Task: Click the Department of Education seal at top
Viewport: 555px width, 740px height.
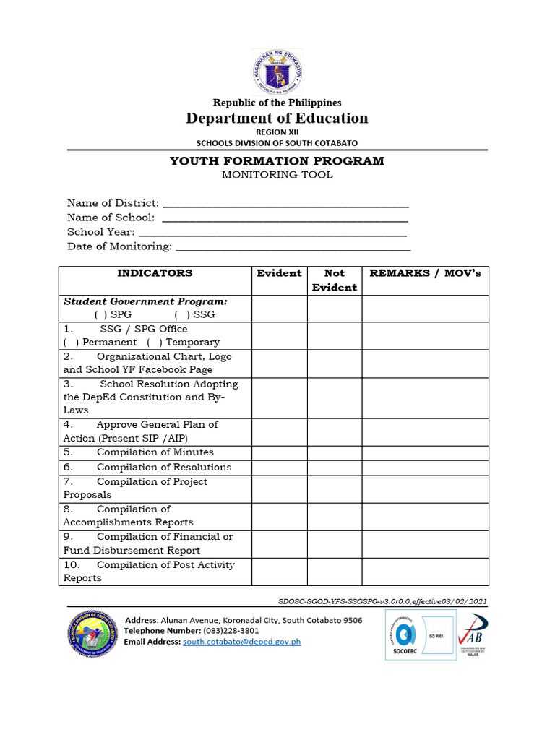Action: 277,72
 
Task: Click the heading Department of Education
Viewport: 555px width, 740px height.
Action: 277,118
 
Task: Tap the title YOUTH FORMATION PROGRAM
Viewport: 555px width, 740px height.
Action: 277,160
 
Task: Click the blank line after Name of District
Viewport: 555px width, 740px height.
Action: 285,204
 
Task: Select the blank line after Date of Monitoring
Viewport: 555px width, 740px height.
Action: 293,247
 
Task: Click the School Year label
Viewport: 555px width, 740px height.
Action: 100,232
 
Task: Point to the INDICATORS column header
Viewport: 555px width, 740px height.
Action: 155,273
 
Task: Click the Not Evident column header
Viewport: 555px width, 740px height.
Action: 335,280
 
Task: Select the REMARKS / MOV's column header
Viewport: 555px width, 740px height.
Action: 425,273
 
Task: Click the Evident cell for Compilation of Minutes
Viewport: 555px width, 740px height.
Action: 279,452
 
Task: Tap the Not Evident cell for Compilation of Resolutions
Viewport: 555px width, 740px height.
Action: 335,468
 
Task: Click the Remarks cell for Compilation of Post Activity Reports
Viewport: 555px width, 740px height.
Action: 425,572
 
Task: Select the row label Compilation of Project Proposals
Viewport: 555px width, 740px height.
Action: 135,489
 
